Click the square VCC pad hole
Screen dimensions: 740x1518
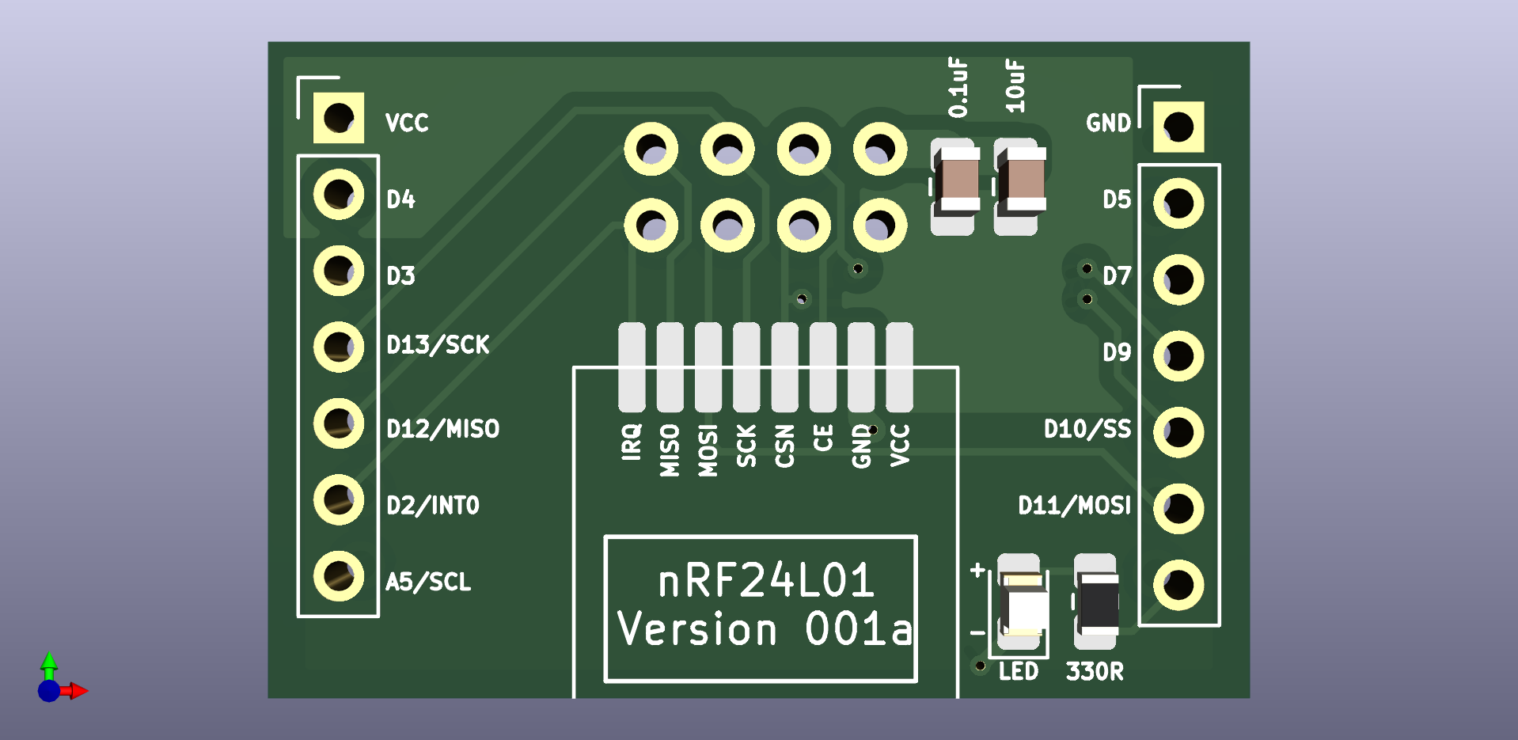coord(339,118)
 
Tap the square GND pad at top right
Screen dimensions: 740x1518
coord(1178,127)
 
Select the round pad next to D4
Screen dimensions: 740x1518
coord(339,194)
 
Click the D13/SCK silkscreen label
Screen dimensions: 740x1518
coord(438,345)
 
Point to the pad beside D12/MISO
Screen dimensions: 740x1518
coord(339,423)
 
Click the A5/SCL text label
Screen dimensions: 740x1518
coord(428,583)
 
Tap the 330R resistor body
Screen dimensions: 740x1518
coord(1096,602)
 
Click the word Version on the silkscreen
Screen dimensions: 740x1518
coord(697,630)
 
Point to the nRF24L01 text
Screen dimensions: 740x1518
coord(766,581)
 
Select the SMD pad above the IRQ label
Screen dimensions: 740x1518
coord(632,366)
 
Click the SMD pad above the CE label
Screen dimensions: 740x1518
coord(822,366)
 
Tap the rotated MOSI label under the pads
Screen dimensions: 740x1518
coord(708,450)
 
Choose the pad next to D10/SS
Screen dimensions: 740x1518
coord(1178,432)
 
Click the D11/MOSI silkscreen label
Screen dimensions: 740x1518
coord(1074,506)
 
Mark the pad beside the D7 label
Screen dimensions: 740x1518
coord(1178,279)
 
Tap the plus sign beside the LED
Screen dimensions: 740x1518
coord(978,570)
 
